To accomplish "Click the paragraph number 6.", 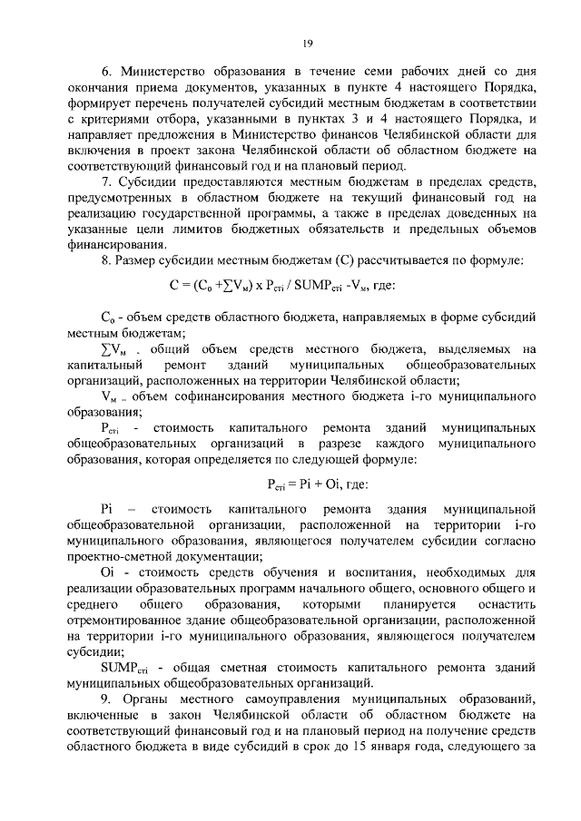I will [104, 70].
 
